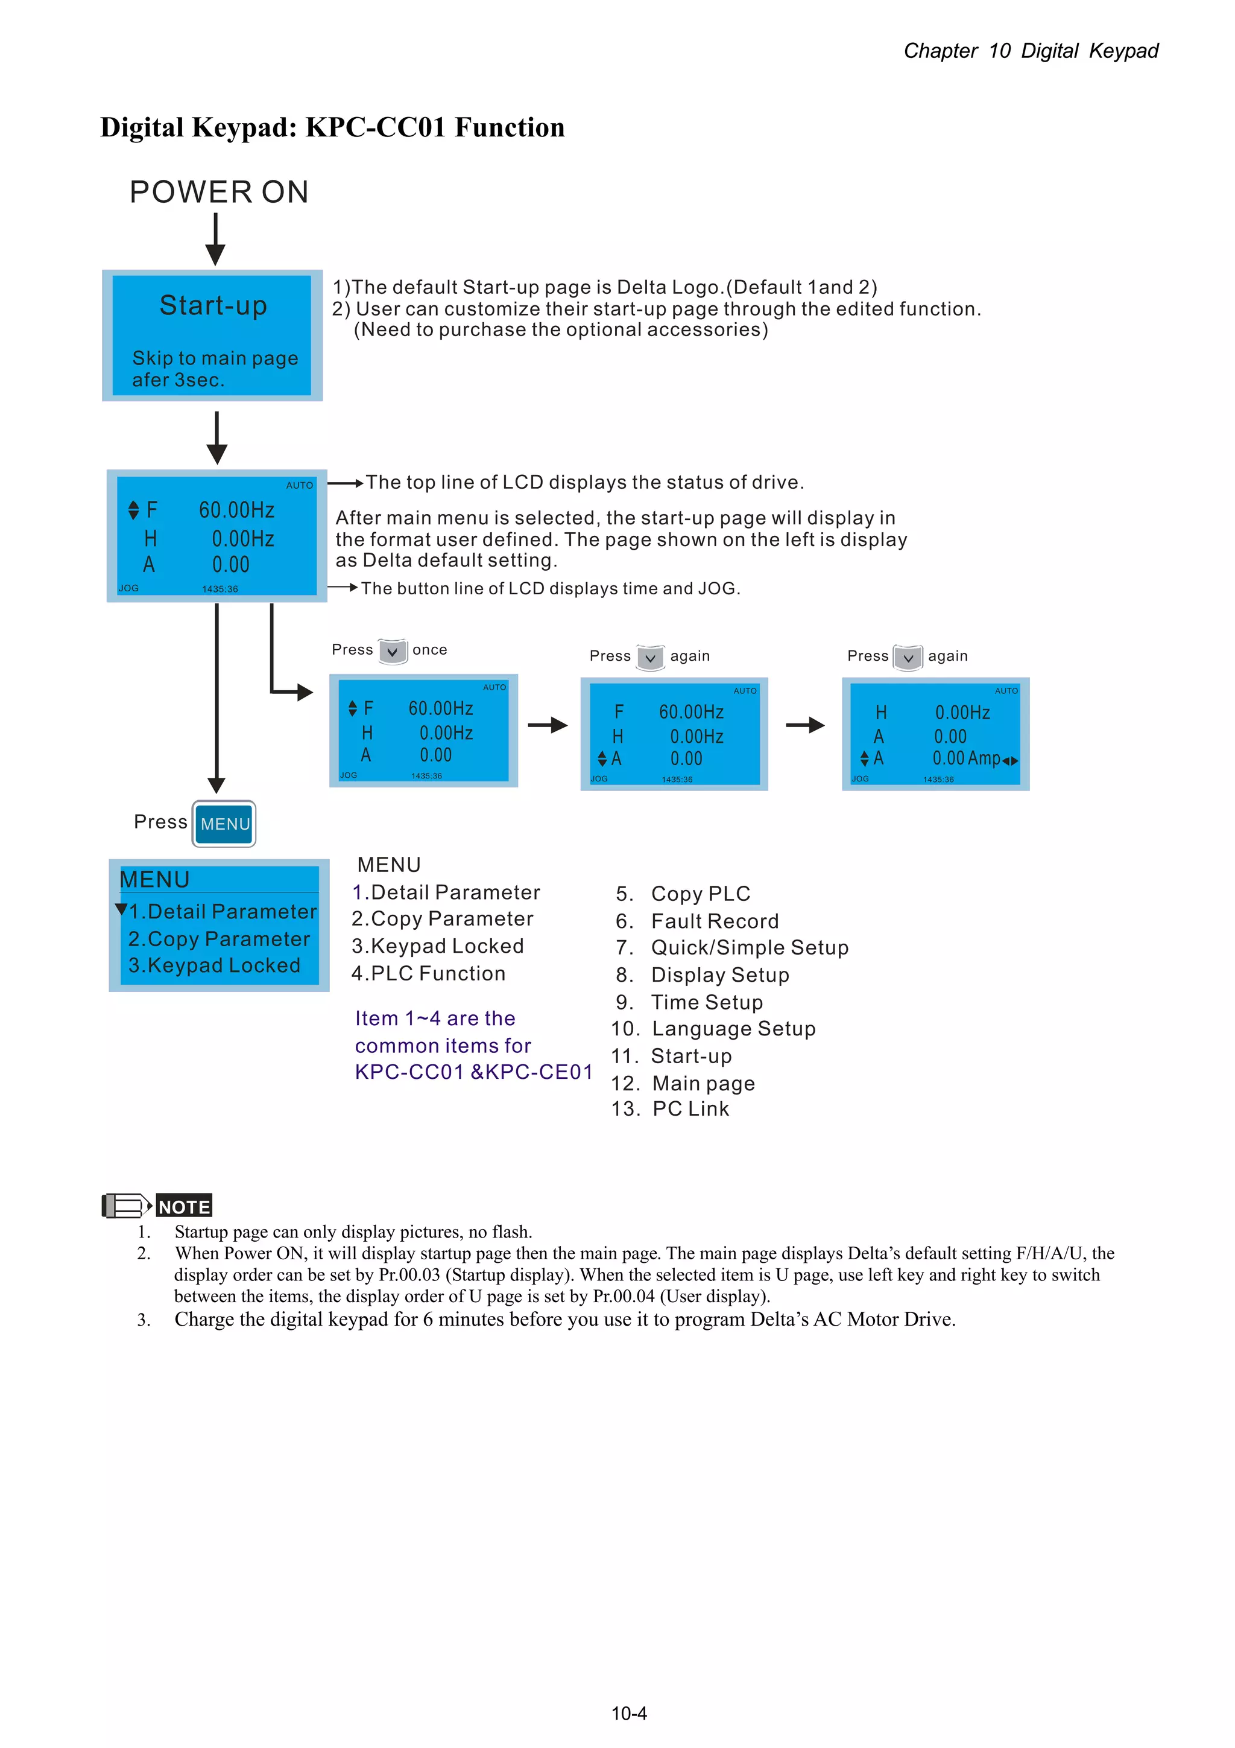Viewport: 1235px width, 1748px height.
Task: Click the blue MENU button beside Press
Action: point(224,824)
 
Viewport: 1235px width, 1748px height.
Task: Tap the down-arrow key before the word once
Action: point(393,652)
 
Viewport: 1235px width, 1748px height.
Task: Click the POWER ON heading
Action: point(219,192)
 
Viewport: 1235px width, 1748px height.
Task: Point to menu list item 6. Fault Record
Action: point(697,921)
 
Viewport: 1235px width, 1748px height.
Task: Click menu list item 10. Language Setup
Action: point(713,1029)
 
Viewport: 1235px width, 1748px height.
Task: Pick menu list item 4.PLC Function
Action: point(428,973)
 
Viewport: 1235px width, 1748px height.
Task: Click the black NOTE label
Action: point(183,1206)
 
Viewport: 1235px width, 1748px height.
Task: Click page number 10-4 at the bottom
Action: point(628,1713)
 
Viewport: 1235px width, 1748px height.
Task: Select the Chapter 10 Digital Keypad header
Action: point(1031,51)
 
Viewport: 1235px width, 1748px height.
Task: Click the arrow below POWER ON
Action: point(216,239)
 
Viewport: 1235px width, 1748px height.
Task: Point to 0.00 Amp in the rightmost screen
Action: point(967,758)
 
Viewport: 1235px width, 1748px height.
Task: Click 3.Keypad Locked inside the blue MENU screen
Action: point(214,965)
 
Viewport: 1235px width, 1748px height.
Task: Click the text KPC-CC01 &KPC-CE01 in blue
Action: point(473,1072)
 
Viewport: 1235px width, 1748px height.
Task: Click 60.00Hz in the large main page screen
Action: point(236,510)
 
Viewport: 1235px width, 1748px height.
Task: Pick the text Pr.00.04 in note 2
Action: point(623,1296)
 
